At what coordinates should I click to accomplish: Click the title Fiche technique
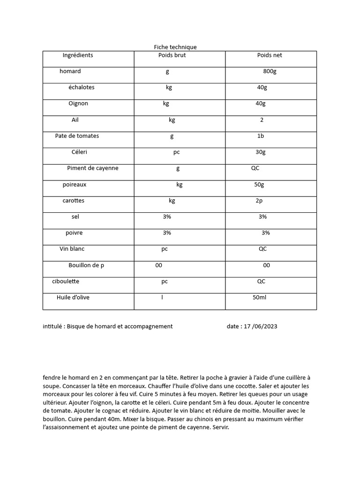coord(175,47)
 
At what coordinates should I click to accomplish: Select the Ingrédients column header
coord(78,55)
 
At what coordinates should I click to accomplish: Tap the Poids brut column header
coord(172,55)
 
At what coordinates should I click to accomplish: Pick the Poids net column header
coord(270,55)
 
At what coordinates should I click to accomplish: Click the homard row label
coord(70,71)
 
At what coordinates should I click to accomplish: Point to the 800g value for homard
coord(270,71)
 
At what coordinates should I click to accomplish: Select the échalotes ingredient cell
coord(81,87)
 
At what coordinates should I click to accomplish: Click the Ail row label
coord(75,120)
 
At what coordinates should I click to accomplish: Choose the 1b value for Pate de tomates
coord(261,136)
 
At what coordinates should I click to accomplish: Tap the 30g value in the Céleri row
coord(261,152)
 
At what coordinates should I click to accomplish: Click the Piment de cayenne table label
coord(92,168)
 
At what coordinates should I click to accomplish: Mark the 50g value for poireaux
coord(259,185)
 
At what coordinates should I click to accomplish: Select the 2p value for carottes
coord(259,201)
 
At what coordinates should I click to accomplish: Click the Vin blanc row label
coord(72,249)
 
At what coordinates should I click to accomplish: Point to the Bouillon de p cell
coord(86,265)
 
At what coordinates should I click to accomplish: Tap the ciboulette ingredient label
coord(65,281)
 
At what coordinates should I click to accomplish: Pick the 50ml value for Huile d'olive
coord(259,298)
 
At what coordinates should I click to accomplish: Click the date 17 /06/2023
coord(260,326)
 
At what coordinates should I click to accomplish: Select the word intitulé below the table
coord(53,326)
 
